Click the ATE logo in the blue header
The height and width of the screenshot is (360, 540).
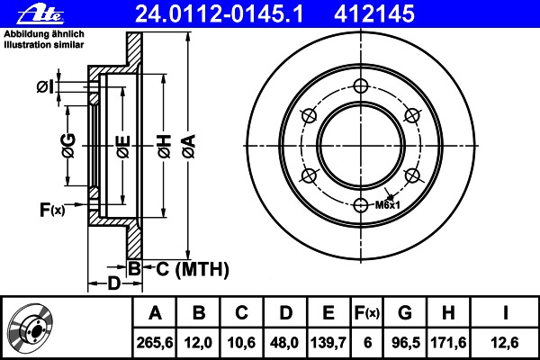tap(40, 14)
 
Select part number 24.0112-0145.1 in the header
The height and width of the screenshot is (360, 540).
tap(220, 13)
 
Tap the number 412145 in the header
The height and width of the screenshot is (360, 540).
tap(374, 13)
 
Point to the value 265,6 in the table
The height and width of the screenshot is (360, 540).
tap(155, 342)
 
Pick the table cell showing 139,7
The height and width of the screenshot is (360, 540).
tap(328, 342)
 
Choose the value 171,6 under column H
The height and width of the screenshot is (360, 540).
tap(448, 342)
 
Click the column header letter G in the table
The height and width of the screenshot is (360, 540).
tap(405, 312)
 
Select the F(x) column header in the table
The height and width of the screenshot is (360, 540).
tap(367, 313)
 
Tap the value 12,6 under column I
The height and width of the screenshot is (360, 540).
tap(505, 342)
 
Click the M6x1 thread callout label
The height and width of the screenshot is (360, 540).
tap(387, 205)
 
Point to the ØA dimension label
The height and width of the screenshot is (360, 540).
tap(189, 147)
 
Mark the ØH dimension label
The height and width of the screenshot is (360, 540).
tap(165, 147)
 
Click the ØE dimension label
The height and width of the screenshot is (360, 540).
tap(123, 147)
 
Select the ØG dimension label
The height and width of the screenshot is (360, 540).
tap(69, 146)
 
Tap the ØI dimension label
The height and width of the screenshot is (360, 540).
tap(45, 86)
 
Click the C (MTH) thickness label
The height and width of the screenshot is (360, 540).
tap(193, 269)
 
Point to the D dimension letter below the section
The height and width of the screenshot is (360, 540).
tap(114, 283)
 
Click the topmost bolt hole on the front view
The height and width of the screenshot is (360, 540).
tap(361, 86)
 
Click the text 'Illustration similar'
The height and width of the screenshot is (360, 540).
tap(44, 44)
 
